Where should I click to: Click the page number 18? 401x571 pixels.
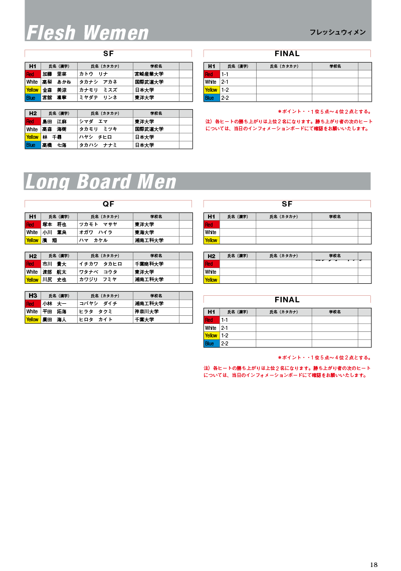(373, 564)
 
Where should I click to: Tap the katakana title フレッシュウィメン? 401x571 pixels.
(337, 33)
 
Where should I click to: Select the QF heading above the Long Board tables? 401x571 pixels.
(108, 204)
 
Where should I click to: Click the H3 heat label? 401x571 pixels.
(33, 296)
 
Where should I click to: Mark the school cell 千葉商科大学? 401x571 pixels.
(149, 264)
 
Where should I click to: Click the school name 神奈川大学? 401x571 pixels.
(147, 312)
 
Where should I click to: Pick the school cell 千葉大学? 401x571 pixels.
(144, 320)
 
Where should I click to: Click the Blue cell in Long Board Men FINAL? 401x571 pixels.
(211, 344)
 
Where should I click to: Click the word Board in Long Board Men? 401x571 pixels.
(103, 181)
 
